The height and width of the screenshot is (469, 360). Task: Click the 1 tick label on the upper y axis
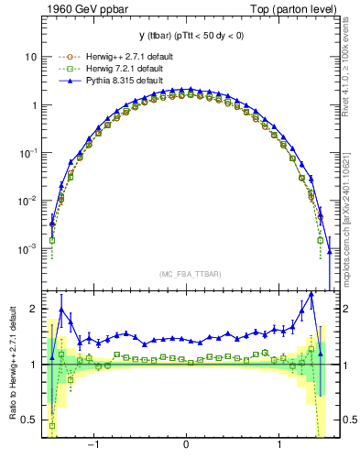tap(34, 105)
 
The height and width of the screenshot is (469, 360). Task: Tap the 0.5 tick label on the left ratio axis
tap(30, 420)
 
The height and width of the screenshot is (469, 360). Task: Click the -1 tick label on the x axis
tap(93, 444)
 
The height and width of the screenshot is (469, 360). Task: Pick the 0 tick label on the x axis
tap(187, 444)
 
